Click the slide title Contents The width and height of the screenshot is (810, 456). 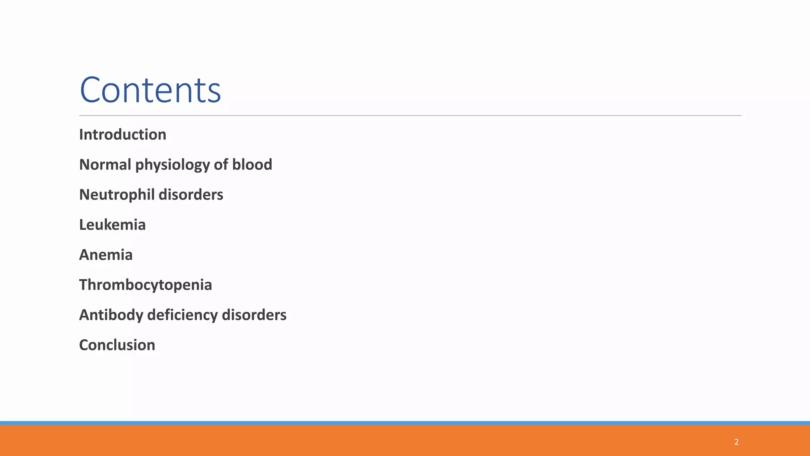point(150,90)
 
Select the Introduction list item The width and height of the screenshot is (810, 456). point(123,135)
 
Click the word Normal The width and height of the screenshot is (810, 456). point(105,165)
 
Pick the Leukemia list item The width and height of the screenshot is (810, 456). point(112,225)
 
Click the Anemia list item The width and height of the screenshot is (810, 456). point(106,255)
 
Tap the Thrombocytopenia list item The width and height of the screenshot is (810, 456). point(146,285)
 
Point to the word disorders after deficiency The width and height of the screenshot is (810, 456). point(254,315)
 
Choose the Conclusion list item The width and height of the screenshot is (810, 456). point(117,345)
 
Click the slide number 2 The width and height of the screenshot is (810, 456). point(736,442)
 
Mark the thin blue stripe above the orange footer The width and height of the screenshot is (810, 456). point(405,423)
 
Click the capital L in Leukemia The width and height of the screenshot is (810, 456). point(83,225)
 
